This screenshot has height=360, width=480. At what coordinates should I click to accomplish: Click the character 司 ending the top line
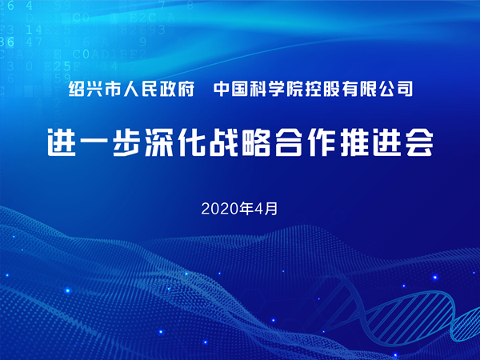[404, 89]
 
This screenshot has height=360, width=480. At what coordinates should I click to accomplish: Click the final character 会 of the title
[419, 143]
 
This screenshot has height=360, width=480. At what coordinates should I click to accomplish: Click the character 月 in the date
[270, 209]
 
